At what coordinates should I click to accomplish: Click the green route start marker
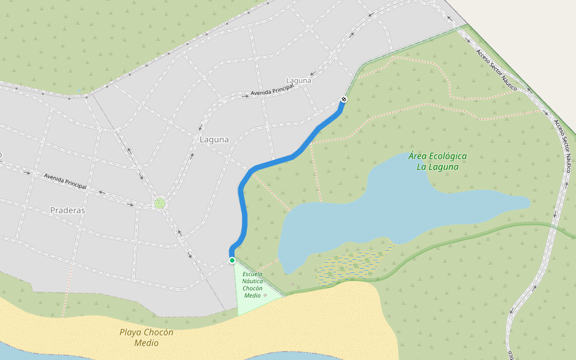pos(232,260)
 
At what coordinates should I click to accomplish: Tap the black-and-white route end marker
pos(344,99)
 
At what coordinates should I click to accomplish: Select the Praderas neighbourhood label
pos(68,211)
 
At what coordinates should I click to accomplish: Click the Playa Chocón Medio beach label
pos(146,338)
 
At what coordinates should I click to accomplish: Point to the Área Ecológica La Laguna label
pos(437,161)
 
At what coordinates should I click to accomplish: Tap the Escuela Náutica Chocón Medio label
pos(253,284)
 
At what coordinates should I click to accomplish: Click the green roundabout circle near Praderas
pos(160,203)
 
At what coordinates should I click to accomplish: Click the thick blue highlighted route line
pos(243,204)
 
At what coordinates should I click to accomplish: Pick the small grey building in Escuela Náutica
pos(265,295)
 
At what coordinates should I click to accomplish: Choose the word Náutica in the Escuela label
pos(253,281)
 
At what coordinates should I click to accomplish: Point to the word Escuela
pos(253,274)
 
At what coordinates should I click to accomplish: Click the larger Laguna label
pos(214,139)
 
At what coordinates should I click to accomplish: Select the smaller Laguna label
pos(299,80)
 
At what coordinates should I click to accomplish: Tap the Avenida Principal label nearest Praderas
pos(65,181)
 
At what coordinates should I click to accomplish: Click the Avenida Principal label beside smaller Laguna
pos(272,90)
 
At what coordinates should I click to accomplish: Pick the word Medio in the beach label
pos(146,343)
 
